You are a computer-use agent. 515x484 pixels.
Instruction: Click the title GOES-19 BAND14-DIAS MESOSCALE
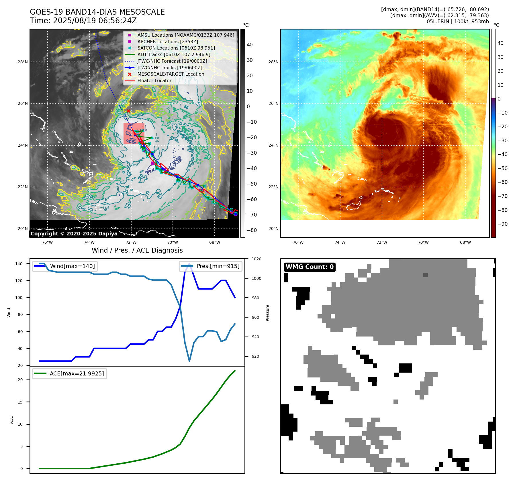(x=97, y=12)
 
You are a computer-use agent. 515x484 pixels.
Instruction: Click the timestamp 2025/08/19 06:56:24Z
(x=95, y=21)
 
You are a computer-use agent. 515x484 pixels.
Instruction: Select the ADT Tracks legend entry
(x=174, y=54)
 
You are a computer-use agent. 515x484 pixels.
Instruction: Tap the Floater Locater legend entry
(x=154, y=80)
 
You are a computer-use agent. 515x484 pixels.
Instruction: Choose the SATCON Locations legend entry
(x=176, y=48)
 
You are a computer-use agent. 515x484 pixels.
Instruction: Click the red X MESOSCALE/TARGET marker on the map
(x=128, y=111)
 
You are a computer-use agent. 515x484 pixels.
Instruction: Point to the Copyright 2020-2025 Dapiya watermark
(x=74, y=234)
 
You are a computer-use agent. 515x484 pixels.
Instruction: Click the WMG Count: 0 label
(x=310, y=267)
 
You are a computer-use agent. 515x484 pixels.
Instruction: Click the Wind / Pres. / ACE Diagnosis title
(x=137, y=250)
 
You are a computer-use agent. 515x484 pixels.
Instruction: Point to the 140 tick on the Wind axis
(x=19, y=264)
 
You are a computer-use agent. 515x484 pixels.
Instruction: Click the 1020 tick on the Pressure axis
(x=256, y=259)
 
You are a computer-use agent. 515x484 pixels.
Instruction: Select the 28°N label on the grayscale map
(x=23, y=62)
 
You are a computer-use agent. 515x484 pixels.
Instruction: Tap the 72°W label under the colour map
(x=382, y=242)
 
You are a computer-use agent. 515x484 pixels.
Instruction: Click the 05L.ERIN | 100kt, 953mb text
(x=458, y=21)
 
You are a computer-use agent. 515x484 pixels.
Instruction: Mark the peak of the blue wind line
(x=189, y=263)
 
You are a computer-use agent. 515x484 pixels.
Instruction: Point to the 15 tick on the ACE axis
(x=20, y=402)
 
